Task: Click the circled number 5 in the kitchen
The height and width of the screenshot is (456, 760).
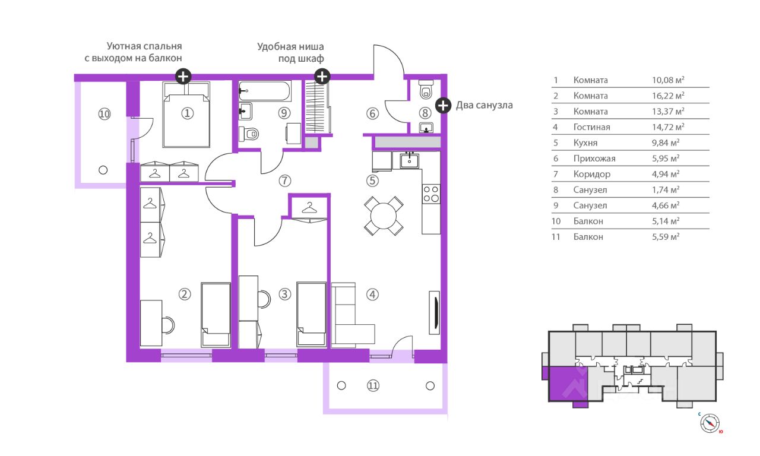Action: click(x=372, y=181)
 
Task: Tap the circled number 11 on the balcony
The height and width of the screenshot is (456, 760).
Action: click(x=373, y=386)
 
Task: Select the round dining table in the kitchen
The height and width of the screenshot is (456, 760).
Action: click(x=384, y=216)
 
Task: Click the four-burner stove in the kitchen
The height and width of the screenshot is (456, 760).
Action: click(x=431, y=194)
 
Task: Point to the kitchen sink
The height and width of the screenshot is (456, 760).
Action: click(x=409, y=160)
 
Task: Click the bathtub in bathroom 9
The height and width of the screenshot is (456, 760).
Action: click(x=265, y=91)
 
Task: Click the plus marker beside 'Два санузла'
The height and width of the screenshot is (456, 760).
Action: click(x=443, y=106)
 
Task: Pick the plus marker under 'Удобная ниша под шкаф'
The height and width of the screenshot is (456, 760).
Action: click(x=322, y=77)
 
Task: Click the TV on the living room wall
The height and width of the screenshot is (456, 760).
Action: click(x=435, y=312)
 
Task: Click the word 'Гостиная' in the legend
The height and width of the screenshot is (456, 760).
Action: click(x=592, y=127)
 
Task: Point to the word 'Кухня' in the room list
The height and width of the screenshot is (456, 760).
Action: click(x=585, y=143)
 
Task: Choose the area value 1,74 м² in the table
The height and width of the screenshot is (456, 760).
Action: click(x=666, y=189)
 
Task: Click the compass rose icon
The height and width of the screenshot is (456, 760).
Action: click(x=710, y=423)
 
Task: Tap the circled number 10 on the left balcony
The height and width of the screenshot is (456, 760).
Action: click(x=104, y=114)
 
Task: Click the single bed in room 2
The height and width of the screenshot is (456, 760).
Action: click(x=216, y=315)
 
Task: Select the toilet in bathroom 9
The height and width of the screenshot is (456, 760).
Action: click(x=249, y=134)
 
